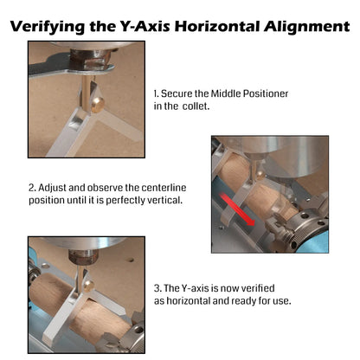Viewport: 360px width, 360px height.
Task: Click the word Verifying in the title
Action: click(x=48, y=27)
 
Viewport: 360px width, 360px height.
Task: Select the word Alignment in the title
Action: click(x=306, y=27)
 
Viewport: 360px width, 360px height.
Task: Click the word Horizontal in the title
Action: click(x=217, y=26)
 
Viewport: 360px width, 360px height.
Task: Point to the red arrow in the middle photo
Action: click(x=237, y=209)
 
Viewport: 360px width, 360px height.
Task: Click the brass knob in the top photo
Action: click(x=97, y=104)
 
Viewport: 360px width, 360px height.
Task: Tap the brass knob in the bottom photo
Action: click(x=88, y=285)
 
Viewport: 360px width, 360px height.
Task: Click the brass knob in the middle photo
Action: click(x=260, y=175)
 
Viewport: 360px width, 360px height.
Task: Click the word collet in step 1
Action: click(x=196, y=106)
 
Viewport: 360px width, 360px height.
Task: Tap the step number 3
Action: click(x=157, y=288)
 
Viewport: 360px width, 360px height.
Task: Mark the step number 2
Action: click(x=32, y=188)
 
